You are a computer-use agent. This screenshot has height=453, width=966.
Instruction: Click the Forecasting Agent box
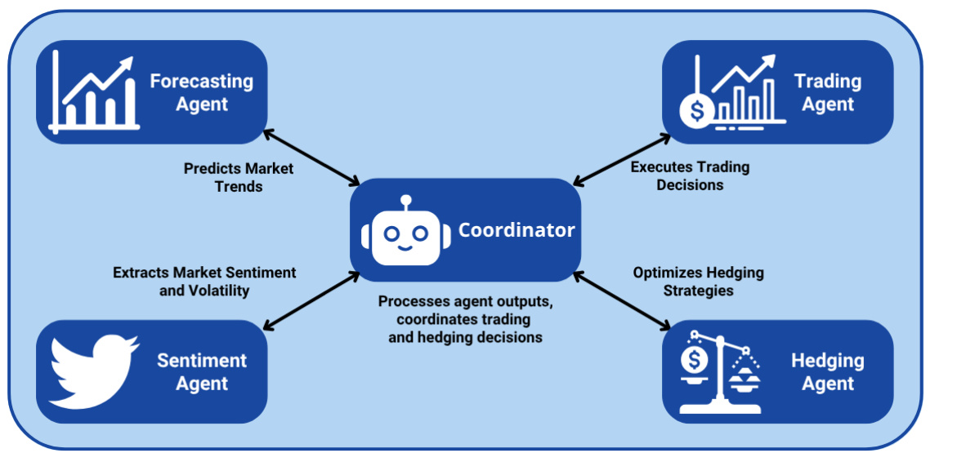[151, 92]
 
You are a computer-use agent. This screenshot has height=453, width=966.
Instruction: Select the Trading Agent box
[777, 92]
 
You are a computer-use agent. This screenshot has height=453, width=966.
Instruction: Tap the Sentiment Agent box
[151, 371]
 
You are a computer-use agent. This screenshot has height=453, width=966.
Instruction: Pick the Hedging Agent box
[777, 371]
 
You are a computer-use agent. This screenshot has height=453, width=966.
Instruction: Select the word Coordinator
[517, 230]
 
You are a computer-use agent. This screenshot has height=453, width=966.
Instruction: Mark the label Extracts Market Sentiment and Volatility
[204, 281]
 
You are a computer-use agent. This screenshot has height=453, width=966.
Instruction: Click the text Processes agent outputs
[466, 302]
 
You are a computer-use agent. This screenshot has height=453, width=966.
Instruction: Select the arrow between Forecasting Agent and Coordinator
[312, 158]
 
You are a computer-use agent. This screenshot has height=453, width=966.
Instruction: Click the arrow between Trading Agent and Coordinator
[618, 158]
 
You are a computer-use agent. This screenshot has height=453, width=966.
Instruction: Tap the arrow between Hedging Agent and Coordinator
[618, 303]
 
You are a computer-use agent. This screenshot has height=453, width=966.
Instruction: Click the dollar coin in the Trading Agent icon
[696, 111]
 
